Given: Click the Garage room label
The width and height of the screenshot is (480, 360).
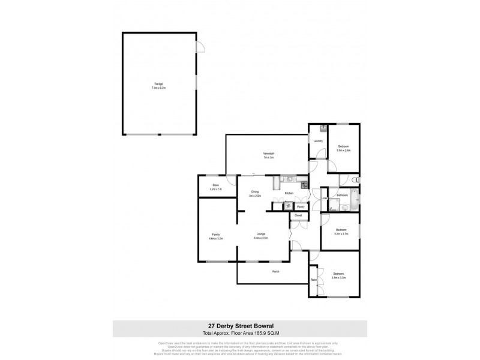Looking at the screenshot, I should coord(158,85).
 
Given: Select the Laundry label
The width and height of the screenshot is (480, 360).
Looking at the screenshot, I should coord(319,141).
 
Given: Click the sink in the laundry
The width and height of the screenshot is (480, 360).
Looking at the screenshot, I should coord(323,128).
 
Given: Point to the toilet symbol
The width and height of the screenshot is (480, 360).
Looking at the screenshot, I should coord(356,179).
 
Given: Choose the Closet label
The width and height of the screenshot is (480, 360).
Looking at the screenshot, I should coord(298,215).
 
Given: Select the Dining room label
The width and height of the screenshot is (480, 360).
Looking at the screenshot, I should coord(255,193).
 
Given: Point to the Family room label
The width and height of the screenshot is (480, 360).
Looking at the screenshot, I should coord(215,235).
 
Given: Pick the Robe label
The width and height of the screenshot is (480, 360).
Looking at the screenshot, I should coord(313,281).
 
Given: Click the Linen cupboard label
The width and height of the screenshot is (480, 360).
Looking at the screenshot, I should coord(325,197).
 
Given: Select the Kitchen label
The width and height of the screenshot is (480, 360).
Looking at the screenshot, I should coord(289,193).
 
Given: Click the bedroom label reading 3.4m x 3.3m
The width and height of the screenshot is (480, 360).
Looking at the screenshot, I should coord(339,275).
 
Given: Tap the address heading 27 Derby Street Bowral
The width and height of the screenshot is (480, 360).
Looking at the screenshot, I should coord(240,326).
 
